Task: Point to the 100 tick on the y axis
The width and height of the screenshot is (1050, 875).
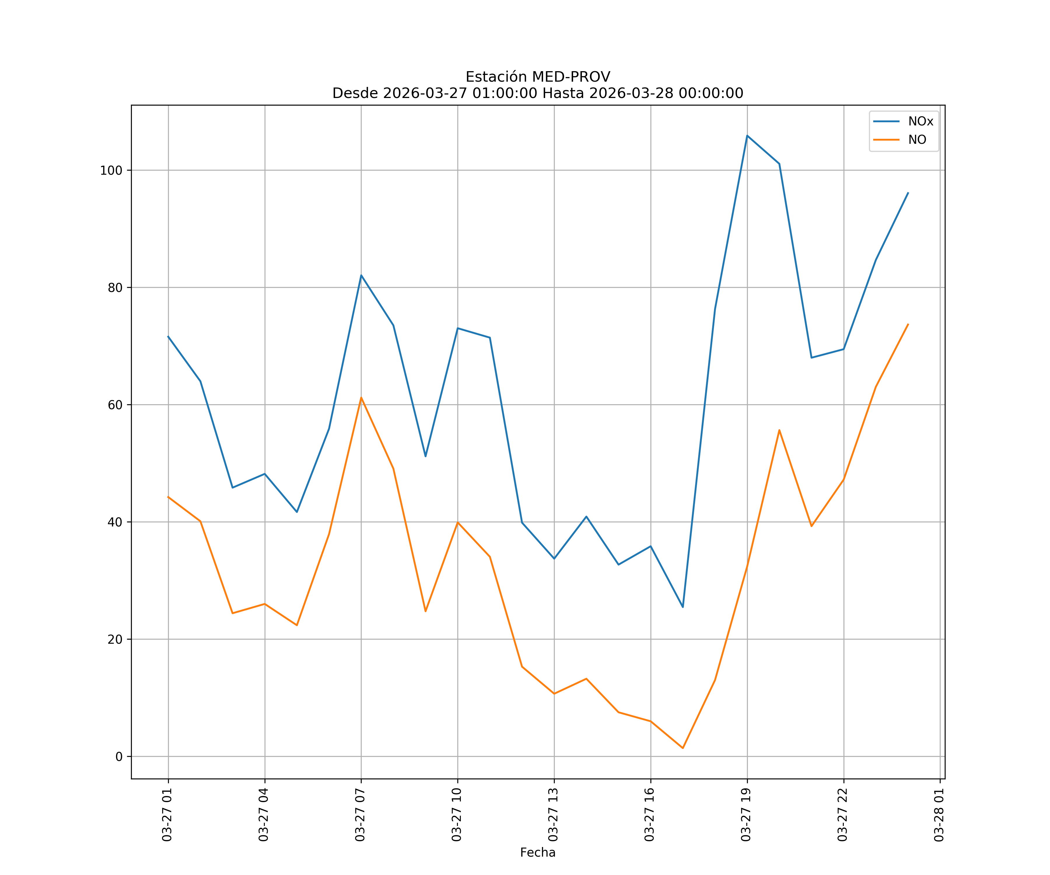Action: (111, 171)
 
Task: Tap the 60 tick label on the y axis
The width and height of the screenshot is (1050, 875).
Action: (115, 405)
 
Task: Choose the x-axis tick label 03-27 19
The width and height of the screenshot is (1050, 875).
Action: (746, 815)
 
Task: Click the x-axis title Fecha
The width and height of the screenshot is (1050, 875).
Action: (538, 853)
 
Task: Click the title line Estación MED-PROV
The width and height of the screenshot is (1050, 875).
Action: (538, 77)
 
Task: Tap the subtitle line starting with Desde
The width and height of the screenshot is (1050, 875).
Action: (538, 94)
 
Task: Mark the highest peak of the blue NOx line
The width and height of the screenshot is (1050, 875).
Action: (747, 136)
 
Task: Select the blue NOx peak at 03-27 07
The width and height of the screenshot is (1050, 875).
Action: (361, 275)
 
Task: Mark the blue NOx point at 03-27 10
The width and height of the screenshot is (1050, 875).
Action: (458, 328)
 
